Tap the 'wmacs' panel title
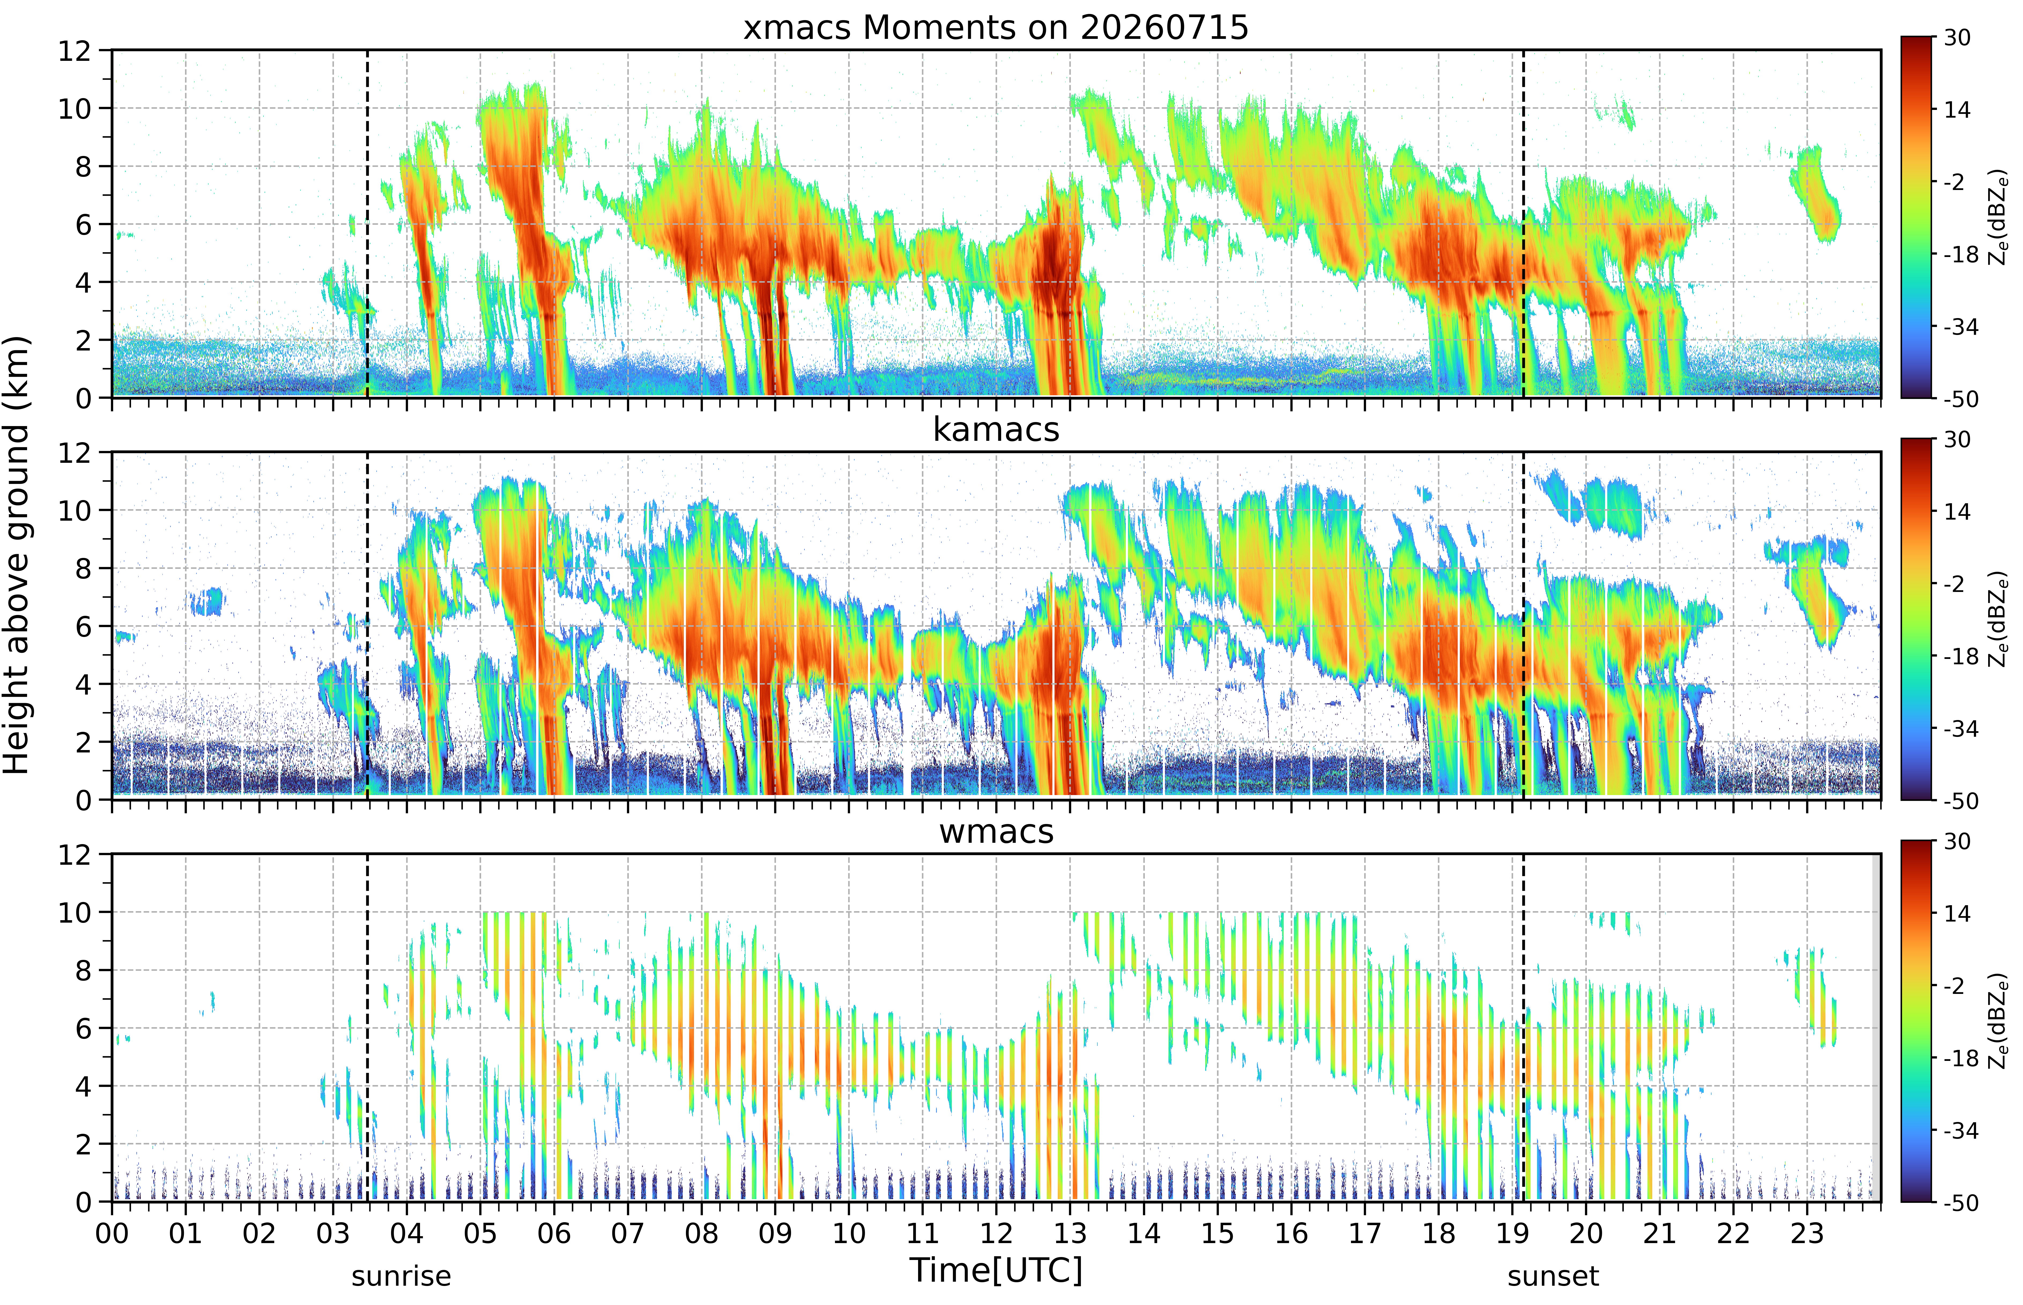coord(996,831)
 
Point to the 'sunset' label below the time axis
coord(1553,1276)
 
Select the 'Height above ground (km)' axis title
coord(17,555)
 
